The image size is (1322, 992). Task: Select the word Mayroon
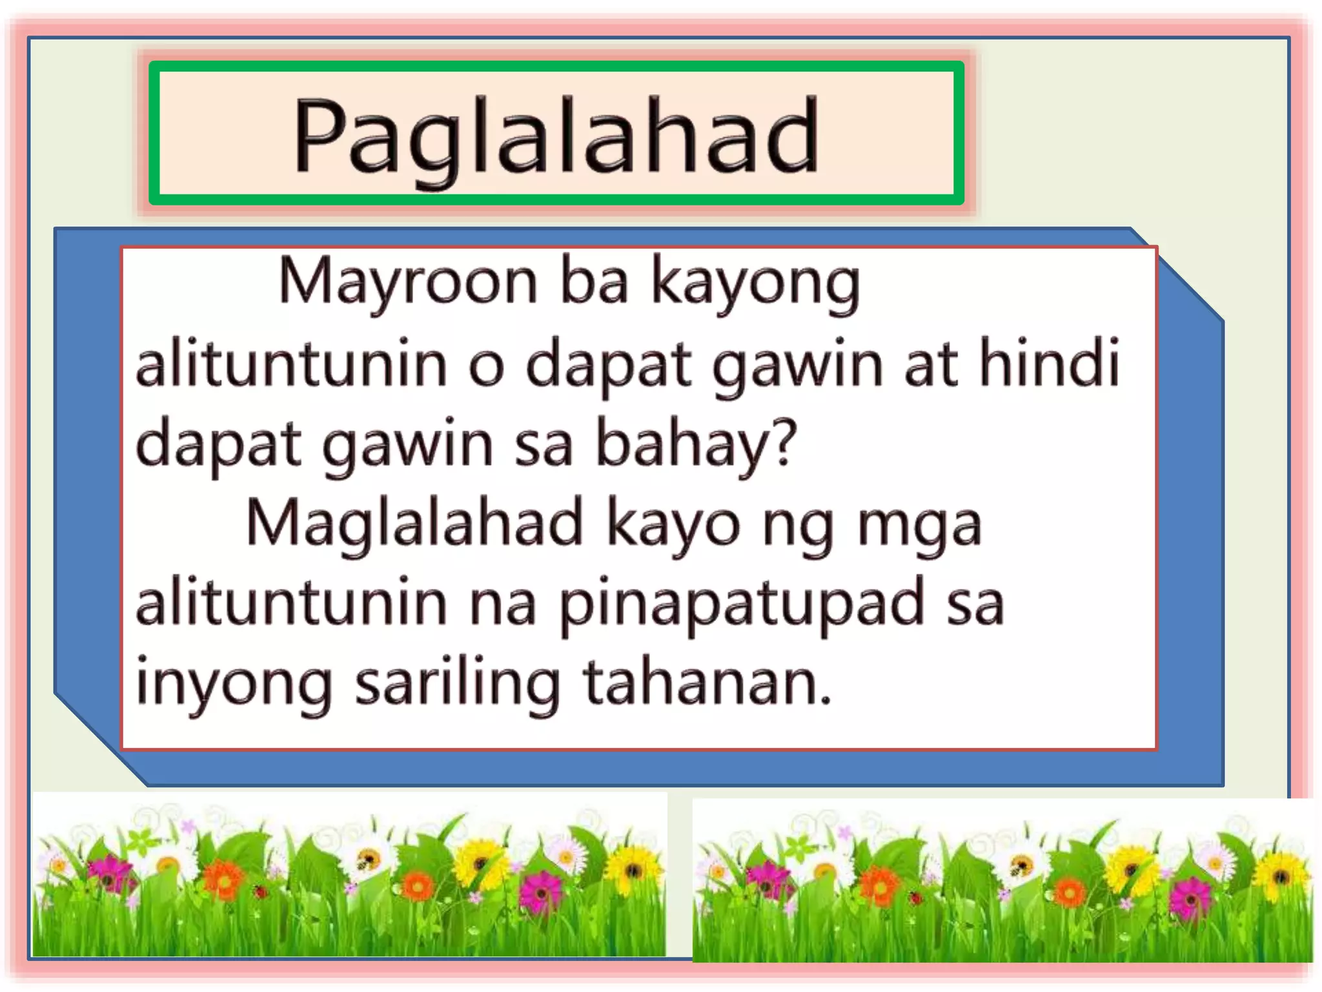point(407,282)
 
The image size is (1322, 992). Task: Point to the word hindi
point(1049,364)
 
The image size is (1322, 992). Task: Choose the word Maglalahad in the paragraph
point(414,523)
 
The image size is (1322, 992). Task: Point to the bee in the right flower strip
point(1022,864)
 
